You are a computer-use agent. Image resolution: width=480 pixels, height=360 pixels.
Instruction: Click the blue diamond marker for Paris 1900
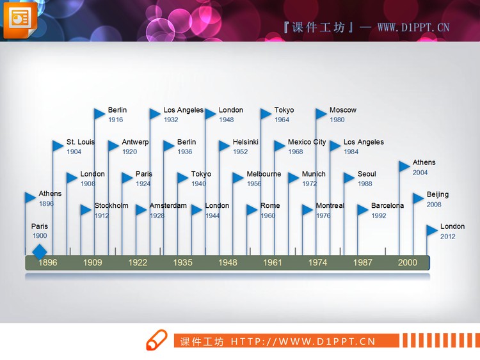(40, 252)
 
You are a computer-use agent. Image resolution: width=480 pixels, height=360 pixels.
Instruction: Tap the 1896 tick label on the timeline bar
(47, 262)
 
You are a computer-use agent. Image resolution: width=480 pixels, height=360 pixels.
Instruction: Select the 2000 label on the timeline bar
(407, 262)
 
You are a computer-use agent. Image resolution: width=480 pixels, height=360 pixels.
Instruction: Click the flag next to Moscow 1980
(322, 114)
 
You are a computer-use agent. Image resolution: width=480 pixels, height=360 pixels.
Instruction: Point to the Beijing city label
(438, 194)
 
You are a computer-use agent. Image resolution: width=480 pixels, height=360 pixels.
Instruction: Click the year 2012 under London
(448, 237)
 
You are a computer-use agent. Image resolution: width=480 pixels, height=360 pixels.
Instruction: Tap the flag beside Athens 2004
(404, 166)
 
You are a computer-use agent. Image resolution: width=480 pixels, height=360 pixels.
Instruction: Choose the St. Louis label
(81, 142)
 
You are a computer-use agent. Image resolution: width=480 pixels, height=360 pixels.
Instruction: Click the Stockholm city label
(111, 206)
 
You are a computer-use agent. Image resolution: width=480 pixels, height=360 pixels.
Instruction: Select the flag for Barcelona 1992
(363, 210)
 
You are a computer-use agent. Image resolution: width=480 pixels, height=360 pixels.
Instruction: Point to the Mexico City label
(307, 142)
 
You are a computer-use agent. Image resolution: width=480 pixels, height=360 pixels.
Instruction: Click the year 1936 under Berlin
(185, 152)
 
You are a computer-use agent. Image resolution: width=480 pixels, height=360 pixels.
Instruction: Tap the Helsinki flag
(224, 146)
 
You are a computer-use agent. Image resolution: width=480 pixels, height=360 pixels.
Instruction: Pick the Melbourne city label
(264, 174)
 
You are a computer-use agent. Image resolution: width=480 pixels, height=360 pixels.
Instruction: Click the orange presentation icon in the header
(20, 20)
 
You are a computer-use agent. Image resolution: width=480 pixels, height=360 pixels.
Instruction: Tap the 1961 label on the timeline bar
(272, 262)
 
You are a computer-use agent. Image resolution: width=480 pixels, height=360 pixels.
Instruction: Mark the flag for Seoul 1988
(349, 178)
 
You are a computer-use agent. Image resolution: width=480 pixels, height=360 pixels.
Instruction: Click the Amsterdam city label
(168, 206)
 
